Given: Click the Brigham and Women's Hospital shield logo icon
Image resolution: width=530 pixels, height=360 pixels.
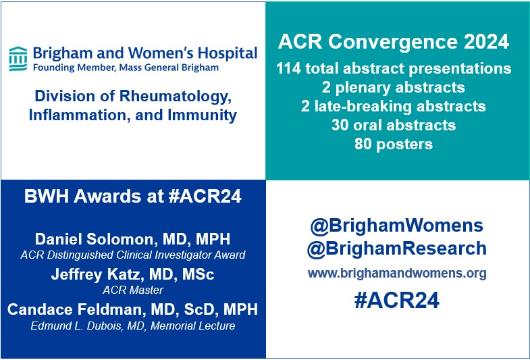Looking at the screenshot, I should pyautogui.click(x=18, y=58).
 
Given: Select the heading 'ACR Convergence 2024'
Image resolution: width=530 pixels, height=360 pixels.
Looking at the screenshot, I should pyautogui.click(x=394, y=43).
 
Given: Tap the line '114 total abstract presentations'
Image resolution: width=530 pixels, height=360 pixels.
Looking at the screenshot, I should pyautogui.click(x=394, y=69).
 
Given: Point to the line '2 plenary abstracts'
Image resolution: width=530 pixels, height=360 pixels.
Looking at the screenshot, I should pyautogui.click(x=394, y=88).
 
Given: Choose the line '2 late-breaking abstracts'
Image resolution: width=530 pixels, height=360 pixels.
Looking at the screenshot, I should pyautogui.click(x=394, y=106).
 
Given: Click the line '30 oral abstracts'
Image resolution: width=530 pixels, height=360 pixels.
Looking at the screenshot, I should pyautogui.click(x=394, y=125).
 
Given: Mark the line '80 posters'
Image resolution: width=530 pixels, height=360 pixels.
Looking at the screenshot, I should pyautogui.click(x=394, y=144).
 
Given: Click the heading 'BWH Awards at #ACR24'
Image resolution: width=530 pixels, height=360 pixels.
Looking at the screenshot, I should pyautogui.click(x=133, y=197).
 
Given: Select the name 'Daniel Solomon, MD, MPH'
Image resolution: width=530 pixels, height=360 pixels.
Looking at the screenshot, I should pyautogui.click(x=133, y=240).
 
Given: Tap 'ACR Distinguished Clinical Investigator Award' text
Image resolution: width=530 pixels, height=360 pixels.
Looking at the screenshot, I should pyautogui.click(x=133, y=255).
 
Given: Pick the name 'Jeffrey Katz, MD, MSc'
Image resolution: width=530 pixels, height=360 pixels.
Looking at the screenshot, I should pyautogui.click(x=133, y=274).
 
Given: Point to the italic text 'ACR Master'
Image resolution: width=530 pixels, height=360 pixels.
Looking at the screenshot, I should pyautogui.click(x=133, y=290).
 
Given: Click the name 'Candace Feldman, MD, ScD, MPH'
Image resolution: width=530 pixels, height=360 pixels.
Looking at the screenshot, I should pyautogui.click(x=133, y=310).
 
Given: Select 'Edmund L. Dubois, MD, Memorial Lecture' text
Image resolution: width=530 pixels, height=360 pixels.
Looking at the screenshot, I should pyautogui.click(x=133, y=326).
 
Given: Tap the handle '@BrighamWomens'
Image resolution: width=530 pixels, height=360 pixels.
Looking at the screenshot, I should pyautogui.click(x=397, y=225).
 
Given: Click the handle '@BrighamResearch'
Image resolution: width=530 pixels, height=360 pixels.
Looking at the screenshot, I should pyautogui.click(x=397, y=249).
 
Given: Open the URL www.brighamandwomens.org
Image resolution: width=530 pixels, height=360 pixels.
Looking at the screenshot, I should pyautogui.click(x=397, y=274).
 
